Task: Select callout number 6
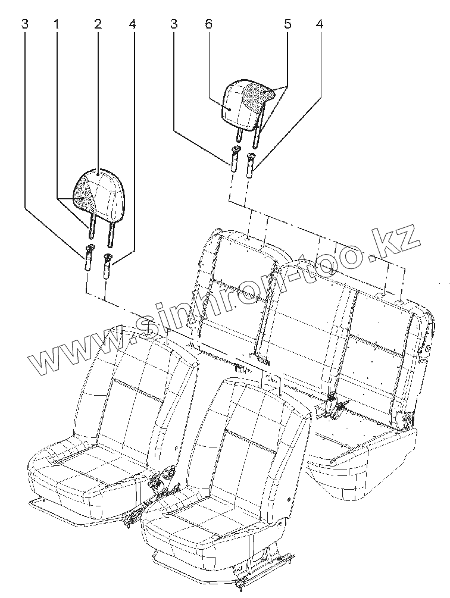tap(208, 24)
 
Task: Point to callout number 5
tap(287, 24)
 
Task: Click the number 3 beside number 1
tap(24, 24)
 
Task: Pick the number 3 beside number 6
tap(174, 24)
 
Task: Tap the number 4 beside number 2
tap(132, 24)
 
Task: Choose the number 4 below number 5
tap(320, 24)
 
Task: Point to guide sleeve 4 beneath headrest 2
tap(108, 265)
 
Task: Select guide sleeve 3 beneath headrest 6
tap(235, 159)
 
